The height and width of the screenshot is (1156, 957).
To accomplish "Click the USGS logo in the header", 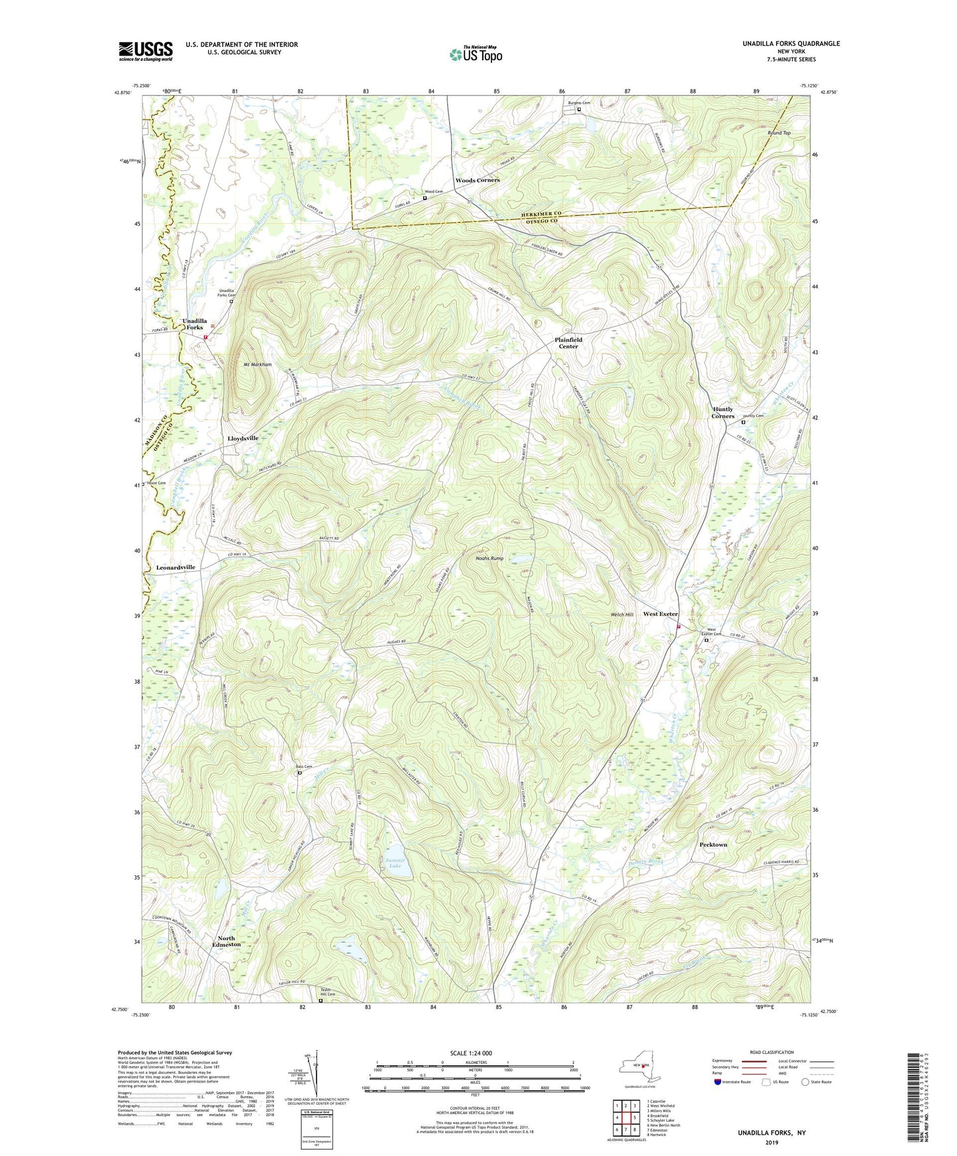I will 146,50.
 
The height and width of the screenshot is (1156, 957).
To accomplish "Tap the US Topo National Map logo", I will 474,54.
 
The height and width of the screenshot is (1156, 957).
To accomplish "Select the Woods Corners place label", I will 477,180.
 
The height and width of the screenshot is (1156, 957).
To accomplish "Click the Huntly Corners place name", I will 723,412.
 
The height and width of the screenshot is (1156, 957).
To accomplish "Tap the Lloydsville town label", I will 242,438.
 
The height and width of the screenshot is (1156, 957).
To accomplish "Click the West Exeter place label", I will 660,614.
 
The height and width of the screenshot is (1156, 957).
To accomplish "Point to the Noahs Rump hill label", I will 489,558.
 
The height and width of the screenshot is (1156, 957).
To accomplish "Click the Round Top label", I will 779,133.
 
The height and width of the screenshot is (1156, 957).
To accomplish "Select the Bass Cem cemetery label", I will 303,767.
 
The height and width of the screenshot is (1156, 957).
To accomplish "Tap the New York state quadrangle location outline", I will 638,1068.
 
